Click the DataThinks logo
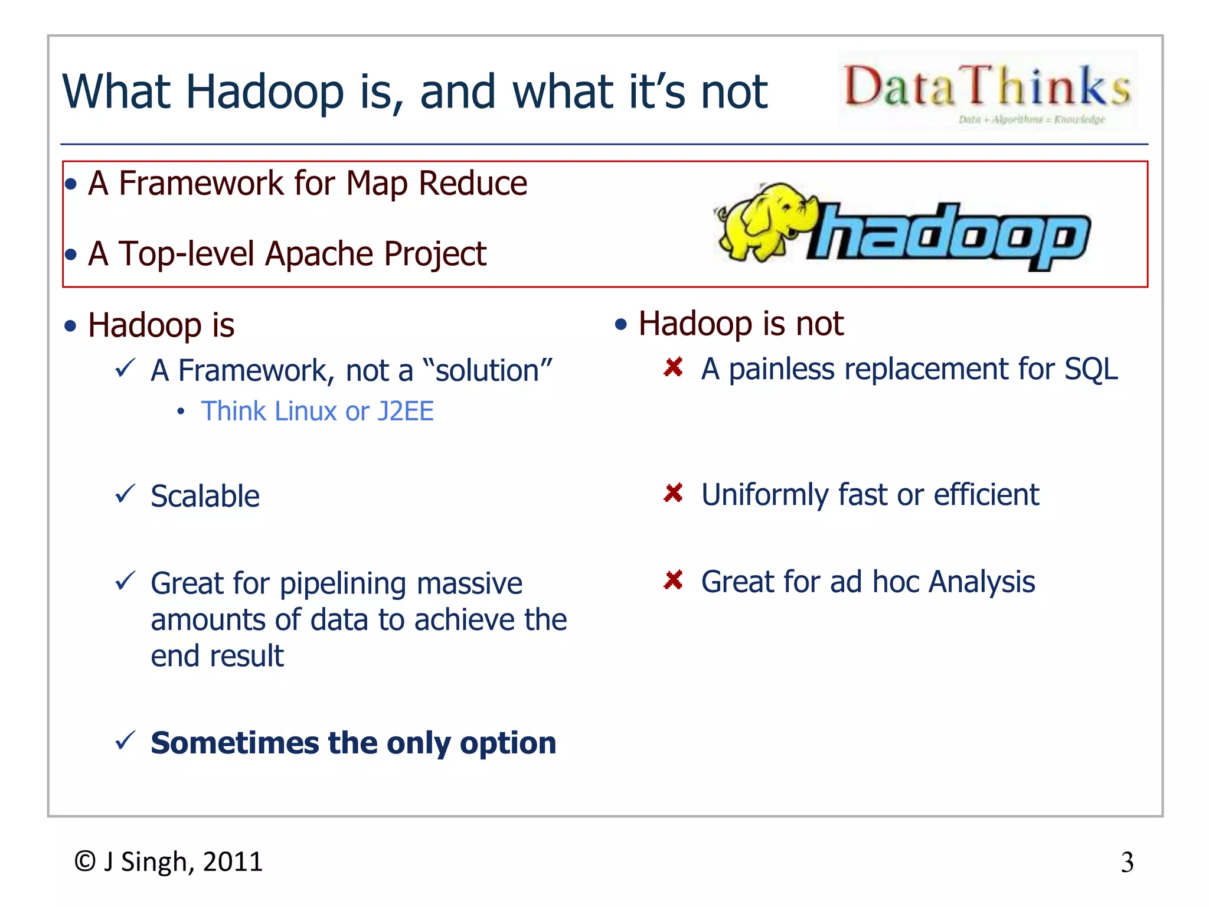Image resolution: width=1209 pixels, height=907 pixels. pyautogui.click(x=987, y=90)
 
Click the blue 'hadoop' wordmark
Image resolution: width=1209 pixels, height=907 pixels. pyautogui.click(x=950, y=236)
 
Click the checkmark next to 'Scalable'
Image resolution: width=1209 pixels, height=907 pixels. pyautogui.click(x=125, y=494)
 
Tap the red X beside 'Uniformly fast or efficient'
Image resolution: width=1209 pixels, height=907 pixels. pyautogui.click(x=673, y=492)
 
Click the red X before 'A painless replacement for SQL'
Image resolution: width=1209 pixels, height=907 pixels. pyautogui.click(x=673, y=367)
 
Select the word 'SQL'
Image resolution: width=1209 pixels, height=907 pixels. pyautogui.click(x=1091, y=369)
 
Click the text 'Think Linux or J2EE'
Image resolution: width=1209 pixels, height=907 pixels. pyautogui.click(x=317, y=411)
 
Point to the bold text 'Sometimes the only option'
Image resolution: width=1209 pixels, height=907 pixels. pyautogui.click(x=353, y=743)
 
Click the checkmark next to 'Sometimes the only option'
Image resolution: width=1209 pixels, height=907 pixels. pyautogui.click(x=125, y=740)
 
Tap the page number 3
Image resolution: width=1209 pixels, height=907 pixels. pyautogui.click(x=1127, y=863)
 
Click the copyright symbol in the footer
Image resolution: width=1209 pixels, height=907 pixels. pyautogui.click(x=85, y=862)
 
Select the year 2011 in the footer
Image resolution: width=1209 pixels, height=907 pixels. pyautogui.click(x=233, y=862)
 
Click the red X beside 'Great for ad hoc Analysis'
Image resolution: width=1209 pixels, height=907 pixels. pyautogui.click(x=673, y=580)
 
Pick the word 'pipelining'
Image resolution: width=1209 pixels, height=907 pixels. pyautogui.click(x=343, y=583)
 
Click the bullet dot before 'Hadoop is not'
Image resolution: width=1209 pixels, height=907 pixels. pyautogui.click(x=620, y=324)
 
